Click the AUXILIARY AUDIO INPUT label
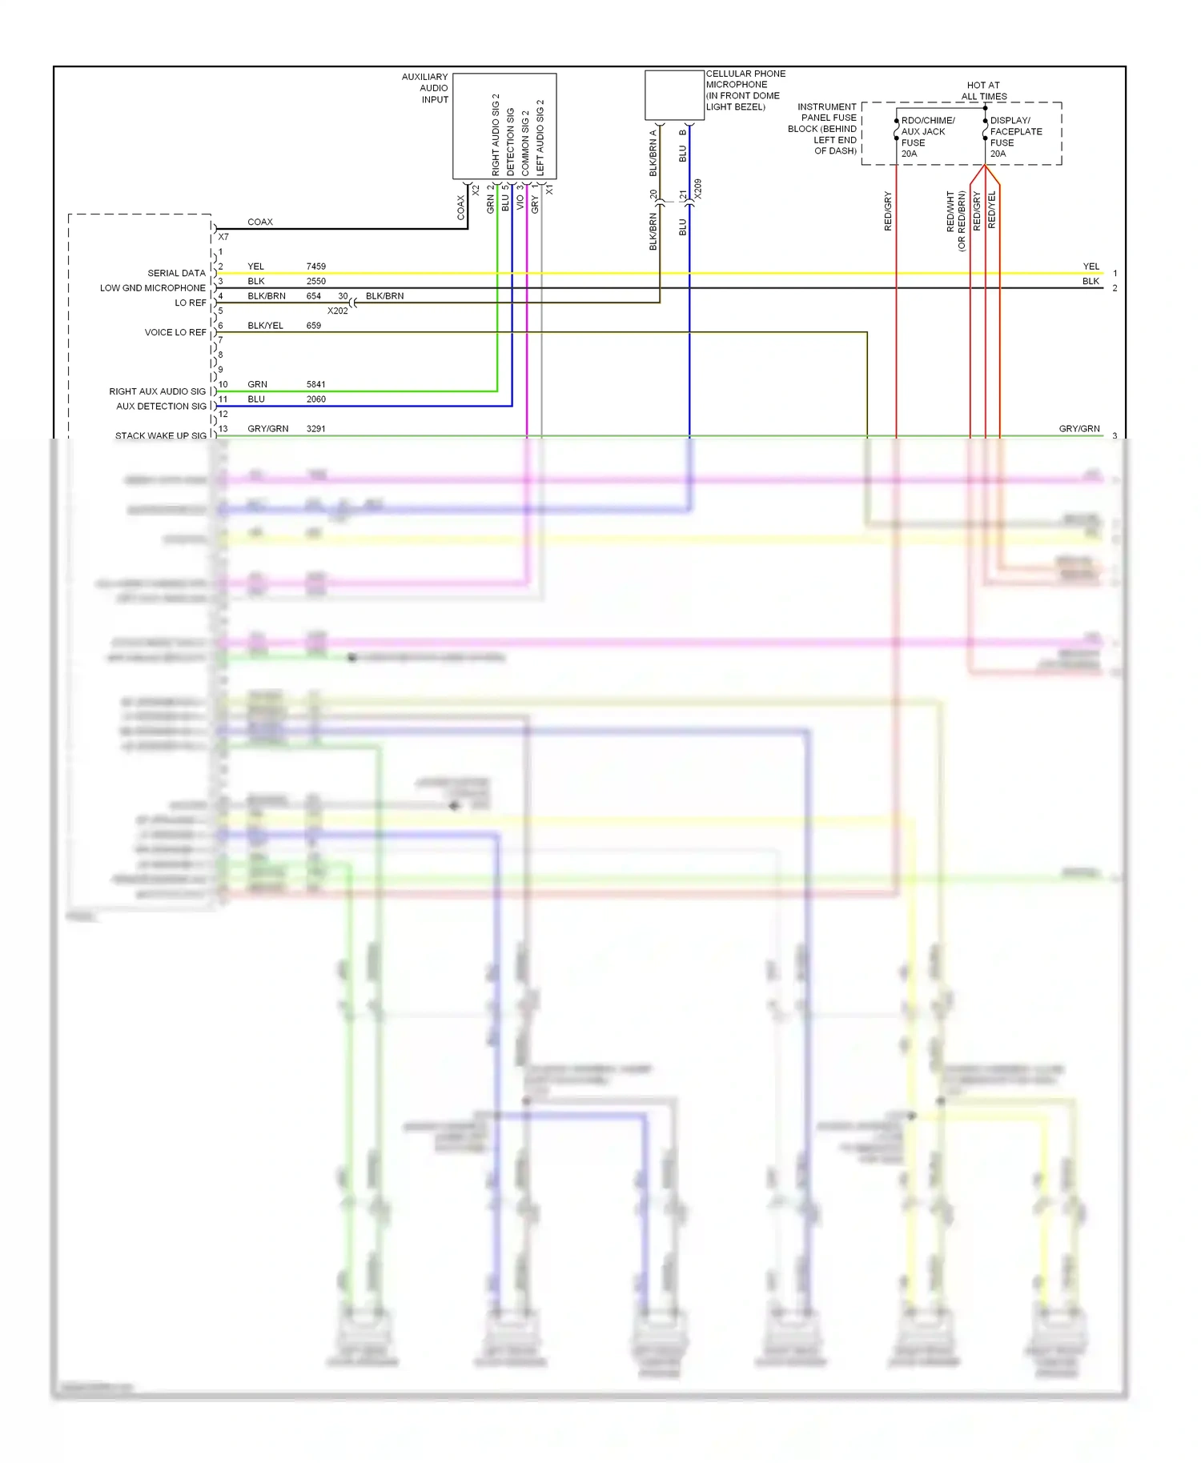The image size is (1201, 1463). point(425,88)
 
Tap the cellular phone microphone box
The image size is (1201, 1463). point(674,95)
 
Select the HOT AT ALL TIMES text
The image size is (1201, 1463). point(983,90)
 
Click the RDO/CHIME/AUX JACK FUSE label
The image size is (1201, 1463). point(927,136)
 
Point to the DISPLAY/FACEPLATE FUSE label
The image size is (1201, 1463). point(1015,136)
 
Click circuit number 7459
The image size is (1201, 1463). point(315,267)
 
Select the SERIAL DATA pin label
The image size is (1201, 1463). point(176,273)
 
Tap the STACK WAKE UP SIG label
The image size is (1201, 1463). point(160,435)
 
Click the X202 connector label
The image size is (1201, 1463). point(337,311)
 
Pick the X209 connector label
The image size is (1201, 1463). point(697,189)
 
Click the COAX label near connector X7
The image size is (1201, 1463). point(260,222)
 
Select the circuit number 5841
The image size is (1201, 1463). point(315,384)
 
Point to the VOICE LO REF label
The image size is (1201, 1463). point(175,332)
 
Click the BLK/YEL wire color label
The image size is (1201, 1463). point(265,326)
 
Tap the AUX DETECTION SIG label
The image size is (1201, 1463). point(161,406)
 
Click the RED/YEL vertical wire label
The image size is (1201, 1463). point(992,210)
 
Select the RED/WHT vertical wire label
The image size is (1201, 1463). point(950,212)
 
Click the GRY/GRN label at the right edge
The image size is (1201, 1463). point(1078,429)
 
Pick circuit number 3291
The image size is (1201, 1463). point(315,429)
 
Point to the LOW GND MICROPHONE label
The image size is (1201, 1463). point(152,288)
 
